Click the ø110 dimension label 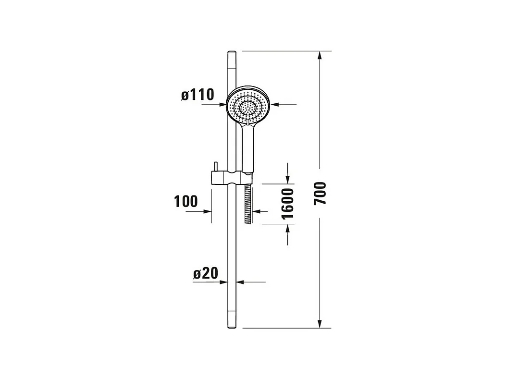(x=197, y=95)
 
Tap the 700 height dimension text (x=320, y=193)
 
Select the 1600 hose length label (x=287, y=204)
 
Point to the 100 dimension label (x=186, y=202)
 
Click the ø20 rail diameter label (x=206, y=273)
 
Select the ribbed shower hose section (x=248, y=204)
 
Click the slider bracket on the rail (x=231, y=177)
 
